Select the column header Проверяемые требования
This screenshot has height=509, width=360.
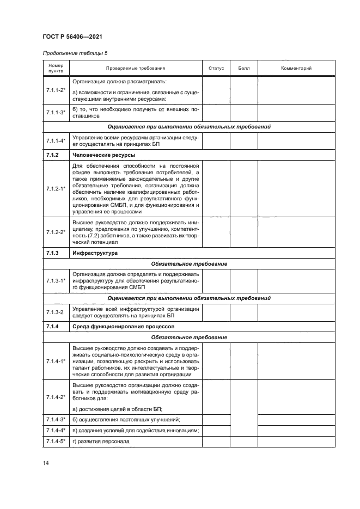point(136,69)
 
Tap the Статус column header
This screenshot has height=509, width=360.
point(216,69)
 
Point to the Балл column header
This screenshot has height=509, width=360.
point(243,69)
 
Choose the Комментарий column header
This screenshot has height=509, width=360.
point(296,69)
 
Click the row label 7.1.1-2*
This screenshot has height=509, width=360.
point(56,90)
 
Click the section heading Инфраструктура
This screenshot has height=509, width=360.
point(93,253)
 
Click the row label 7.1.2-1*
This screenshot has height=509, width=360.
point(56,188)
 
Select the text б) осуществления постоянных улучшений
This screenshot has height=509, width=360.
point(126,419)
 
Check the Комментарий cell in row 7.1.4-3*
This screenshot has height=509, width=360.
point(296,419)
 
